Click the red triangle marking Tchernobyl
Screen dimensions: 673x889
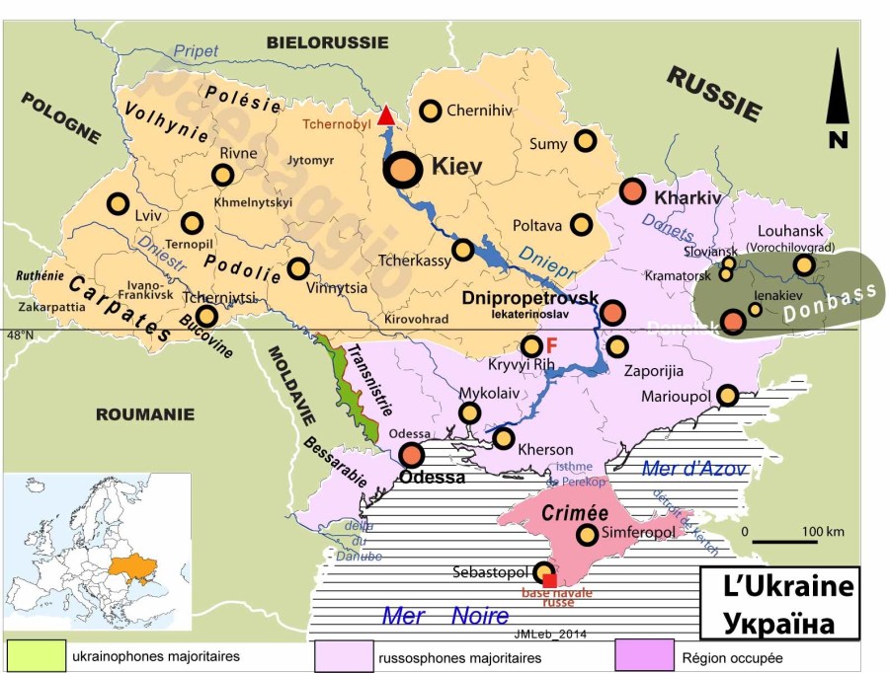[386, 116]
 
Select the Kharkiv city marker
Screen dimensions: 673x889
[633, 192]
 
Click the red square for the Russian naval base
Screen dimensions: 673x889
[550, 580]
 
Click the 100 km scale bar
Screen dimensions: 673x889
[784, 541]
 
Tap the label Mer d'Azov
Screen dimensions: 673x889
[693, 469]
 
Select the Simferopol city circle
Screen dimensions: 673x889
[587, 534]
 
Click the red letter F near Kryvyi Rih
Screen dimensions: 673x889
[552, 345]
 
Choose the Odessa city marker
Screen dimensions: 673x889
[412, 455]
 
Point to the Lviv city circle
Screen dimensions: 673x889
[119, 203]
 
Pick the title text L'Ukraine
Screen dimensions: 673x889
[774, 590]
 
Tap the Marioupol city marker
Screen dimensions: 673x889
[727, 395]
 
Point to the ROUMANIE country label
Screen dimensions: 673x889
[144, 414]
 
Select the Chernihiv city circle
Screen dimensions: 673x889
[431, 111]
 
